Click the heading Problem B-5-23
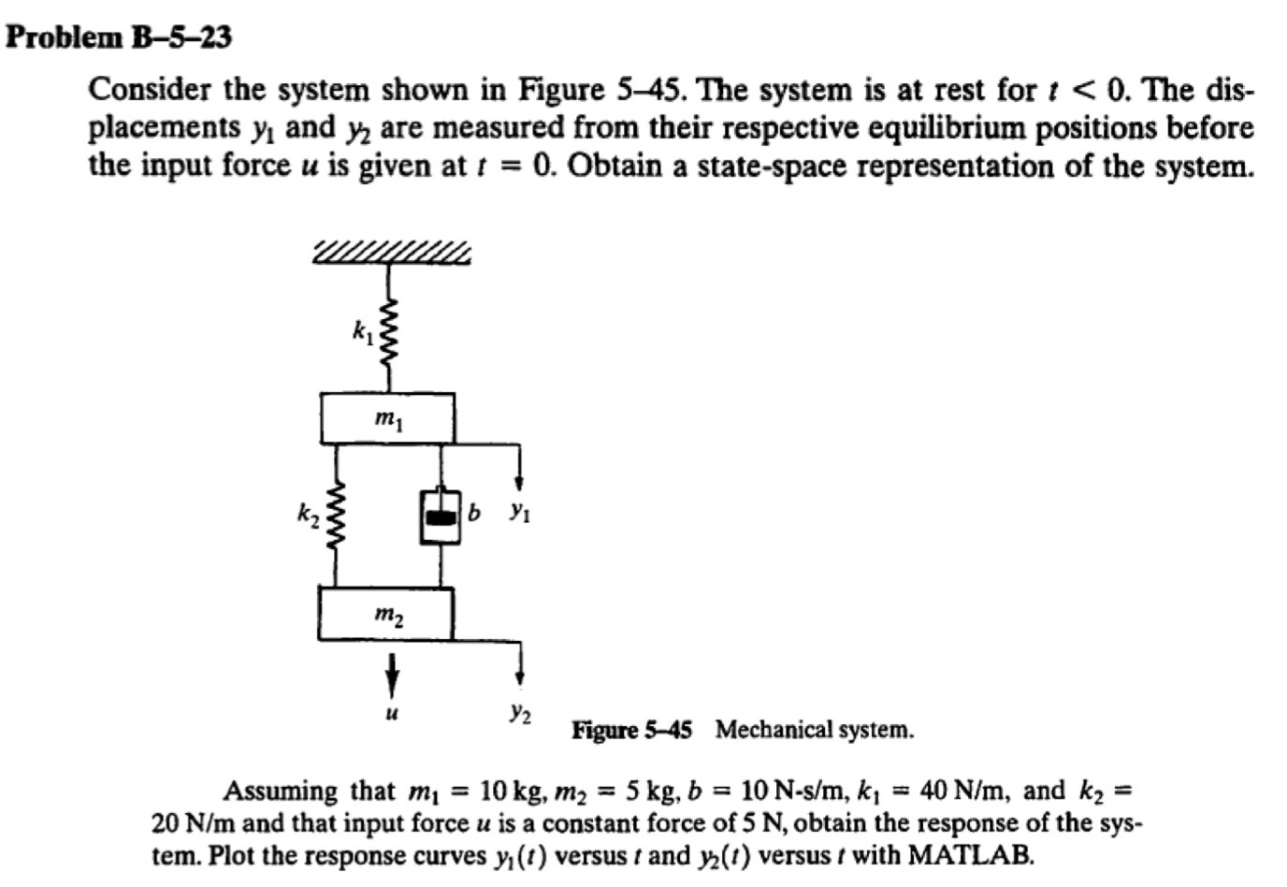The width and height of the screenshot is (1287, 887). point(119,37)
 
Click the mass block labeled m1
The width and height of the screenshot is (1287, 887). point(387,418)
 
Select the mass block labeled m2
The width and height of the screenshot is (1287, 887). point(385,614)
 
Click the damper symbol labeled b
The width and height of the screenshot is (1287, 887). point(441,516)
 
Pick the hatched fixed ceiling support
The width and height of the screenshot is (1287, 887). point(392,252)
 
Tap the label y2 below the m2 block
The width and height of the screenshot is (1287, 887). point(521,713)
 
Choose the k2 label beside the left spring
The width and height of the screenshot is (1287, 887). point(308,513)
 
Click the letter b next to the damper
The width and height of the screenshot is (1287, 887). point(474,512)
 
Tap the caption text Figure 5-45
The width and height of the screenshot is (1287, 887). point(631,730)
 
